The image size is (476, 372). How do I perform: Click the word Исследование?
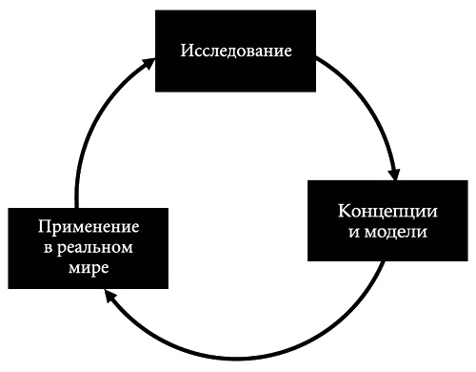click(x=235, y=50)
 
